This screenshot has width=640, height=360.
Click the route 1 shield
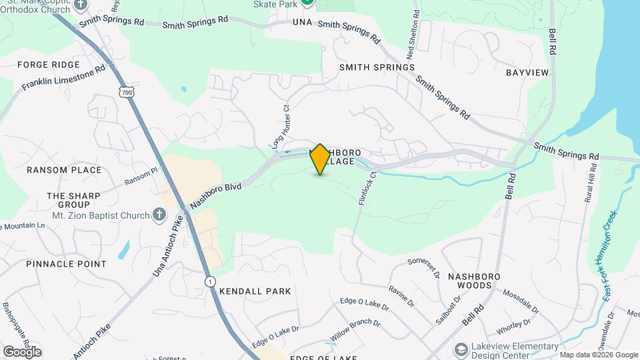pos(210,281)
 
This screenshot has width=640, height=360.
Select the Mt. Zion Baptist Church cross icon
pos(159,214)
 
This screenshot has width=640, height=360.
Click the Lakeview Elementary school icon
pos(460,350)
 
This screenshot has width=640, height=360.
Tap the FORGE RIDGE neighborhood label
pos(48,65)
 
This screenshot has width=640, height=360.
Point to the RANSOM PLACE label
pos(64,170)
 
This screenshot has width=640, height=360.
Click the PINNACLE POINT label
pos(66,264)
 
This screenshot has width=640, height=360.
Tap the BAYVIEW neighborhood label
pos(527,72)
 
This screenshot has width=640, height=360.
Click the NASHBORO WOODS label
pos(479,280)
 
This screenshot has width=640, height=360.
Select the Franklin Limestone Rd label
pos(63,78)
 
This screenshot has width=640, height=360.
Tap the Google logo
pos(22,351)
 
